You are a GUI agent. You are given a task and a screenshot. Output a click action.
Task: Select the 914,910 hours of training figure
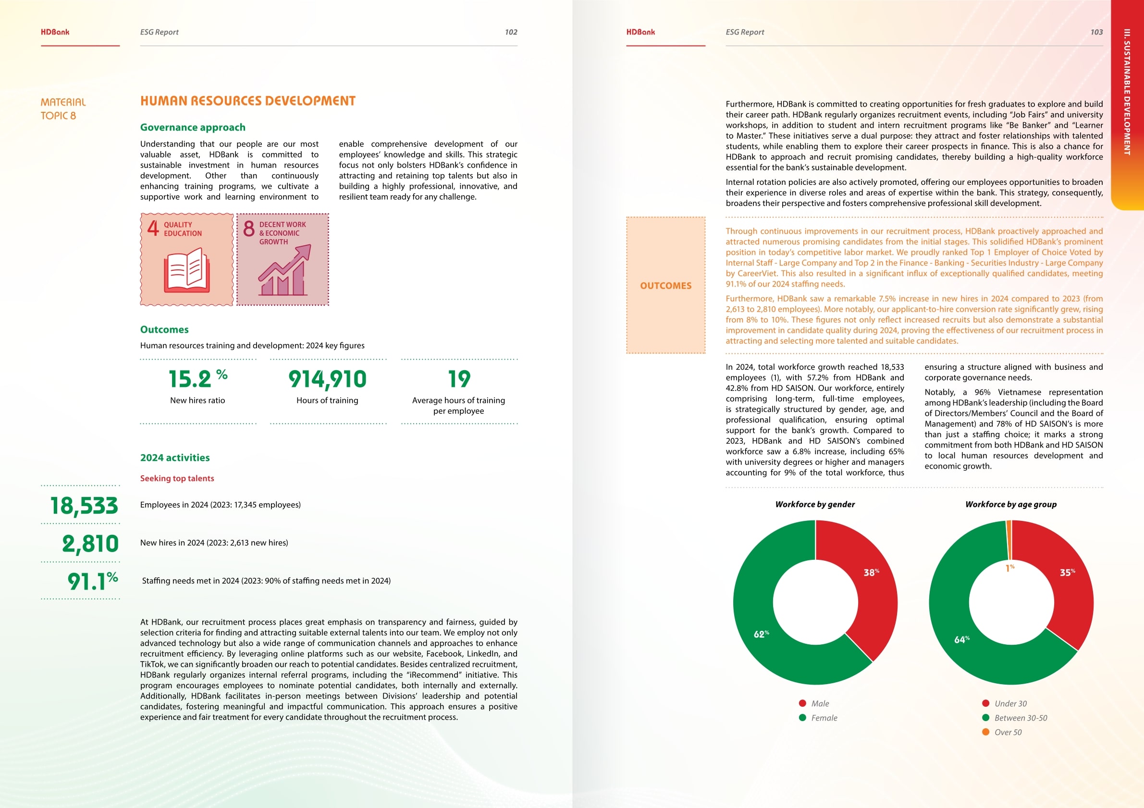click(x=327, y=379)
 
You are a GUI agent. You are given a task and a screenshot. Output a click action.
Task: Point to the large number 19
click(x=459, y=379)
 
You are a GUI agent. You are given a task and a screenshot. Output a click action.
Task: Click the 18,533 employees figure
click(x=84, y=506)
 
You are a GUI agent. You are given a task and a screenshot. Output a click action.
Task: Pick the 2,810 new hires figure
click(x=90, y=543)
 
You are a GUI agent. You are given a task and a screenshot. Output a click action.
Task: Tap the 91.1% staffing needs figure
click(x=93, y=580)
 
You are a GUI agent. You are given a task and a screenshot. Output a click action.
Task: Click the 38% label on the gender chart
click(x=871, y=573)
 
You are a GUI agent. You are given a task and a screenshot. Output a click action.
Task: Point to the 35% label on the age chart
click(x=1067, y=573)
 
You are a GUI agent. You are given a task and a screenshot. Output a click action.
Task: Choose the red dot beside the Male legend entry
click(x=802, y=703)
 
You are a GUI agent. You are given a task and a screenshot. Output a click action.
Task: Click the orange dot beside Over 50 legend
click(x=985, y=732)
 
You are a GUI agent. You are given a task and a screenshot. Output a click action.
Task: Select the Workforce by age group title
click(x=1010, y=504)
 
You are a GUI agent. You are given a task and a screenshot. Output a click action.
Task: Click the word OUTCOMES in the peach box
click(x=665, y=286)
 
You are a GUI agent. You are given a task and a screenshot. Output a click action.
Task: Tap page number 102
click(x=511, y=32)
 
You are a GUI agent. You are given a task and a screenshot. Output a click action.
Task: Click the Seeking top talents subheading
click(x=177, y=479)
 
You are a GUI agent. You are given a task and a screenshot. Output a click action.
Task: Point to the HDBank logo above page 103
click(x=640, y=32)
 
